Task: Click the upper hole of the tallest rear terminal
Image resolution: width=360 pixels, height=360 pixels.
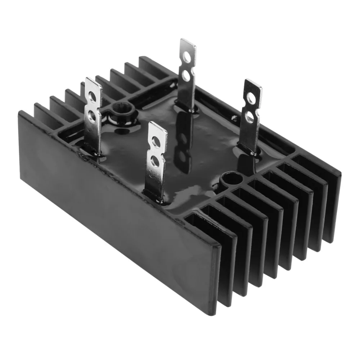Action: pyautogui.click(x=187, y=57)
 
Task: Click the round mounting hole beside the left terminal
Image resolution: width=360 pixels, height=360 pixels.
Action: pyautogui.click(x=119, y=108)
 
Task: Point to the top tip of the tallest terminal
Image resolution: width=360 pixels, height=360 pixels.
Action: pyautogui.click(x=188, y=40)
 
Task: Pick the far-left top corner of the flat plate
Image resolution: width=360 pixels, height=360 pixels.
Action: pyautogui.click(x=20, y=112)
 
